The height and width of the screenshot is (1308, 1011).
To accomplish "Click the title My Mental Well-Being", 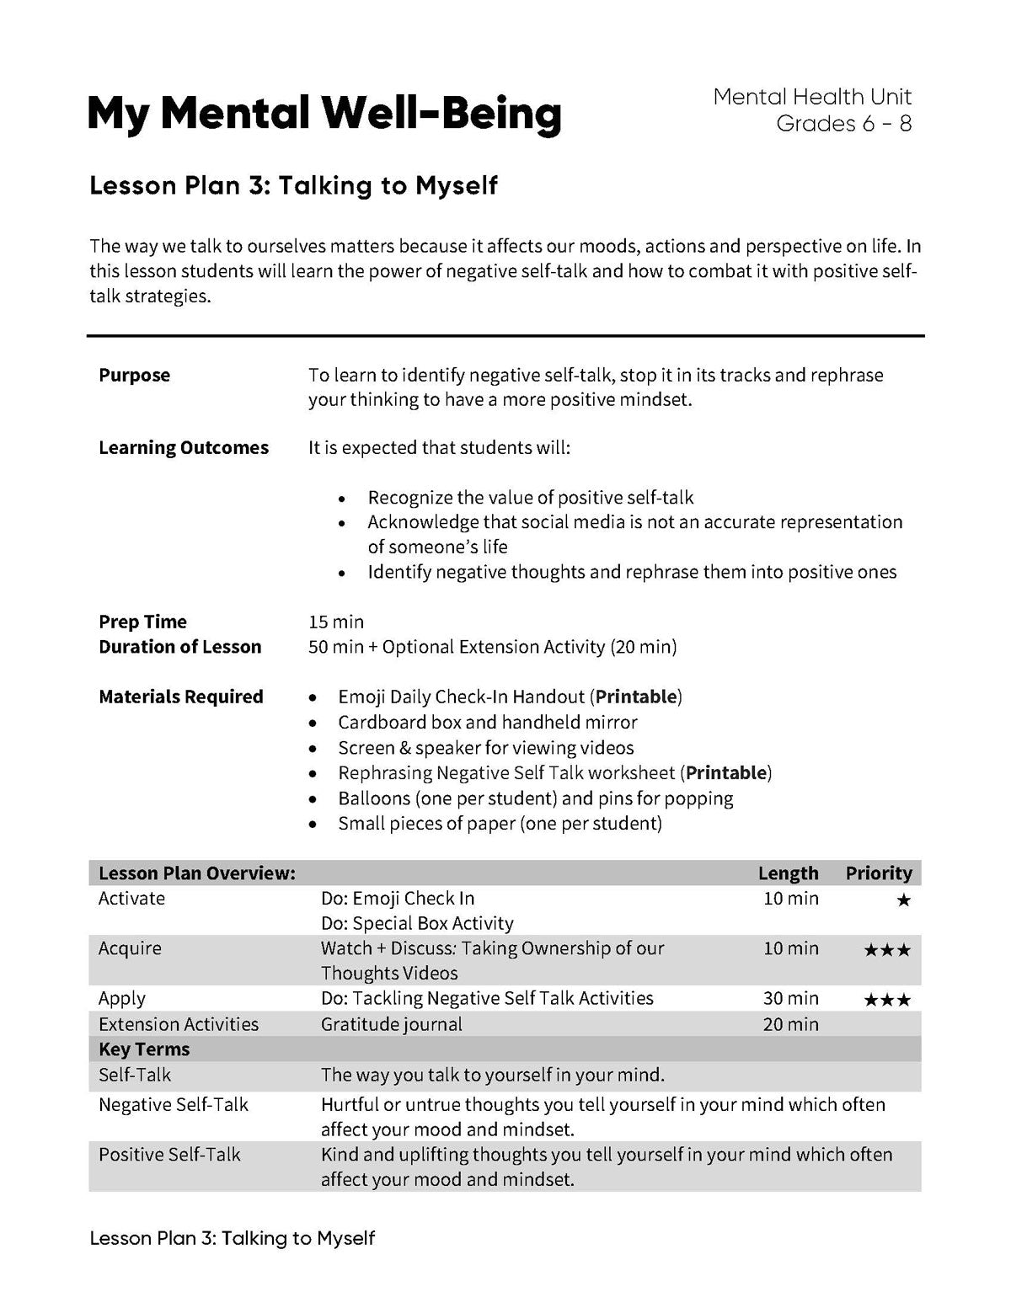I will [324, 114].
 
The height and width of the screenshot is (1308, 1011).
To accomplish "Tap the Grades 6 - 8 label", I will [843, 124].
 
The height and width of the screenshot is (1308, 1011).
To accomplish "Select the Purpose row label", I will [134, 376].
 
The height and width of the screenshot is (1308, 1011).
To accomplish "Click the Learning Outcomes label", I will [183, 448].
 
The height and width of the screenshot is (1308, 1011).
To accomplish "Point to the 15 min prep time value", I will [336, 622].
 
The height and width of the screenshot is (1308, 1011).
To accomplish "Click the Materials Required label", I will [180, 697].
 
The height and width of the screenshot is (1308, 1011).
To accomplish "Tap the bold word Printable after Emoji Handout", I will [636, 697].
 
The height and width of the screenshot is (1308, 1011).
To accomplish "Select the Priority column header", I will [879, 873].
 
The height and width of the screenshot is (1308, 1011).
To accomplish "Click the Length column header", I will [788, 873].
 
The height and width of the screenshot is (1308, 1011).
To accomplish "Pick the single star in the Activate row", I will [903, 900].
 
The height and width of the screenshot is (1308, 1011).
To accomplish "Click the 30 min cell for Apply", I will [790, 999].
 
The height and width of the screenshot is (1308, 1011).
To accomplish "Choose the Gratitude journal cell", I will [391, 1025].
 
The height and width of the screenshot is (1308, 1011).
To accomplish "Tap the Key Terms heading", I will [144, 1049].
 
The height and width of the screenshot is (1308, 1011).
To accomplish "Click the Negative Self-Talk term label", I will [173, 1105].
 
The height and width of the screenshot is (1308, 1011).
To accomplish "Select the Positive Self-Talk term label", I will [169, 1155].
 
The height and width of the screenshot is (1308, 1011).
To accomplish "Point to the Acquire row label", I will [129, 949].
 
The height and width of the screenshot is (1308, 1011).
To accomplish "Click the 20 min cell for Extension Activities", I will [790, 1025].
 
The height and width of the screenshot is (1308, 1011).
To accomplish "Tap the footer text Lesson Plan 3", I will [232, 1239].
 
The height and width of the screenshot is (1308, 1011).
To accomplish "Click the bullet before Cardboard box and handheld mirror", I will [313, 723].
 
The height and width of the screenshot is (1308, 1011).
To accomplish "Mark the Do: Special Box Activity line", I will [416, 924].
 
